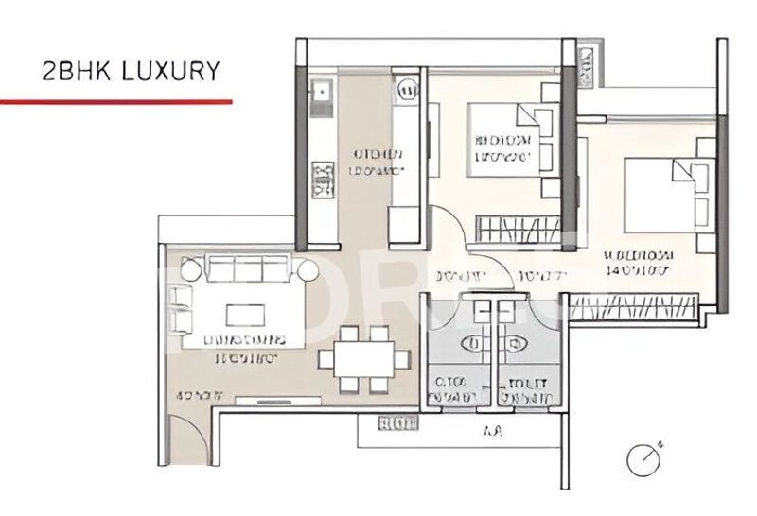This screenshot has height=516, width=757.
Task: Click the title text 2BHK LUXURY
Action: click(132, 71)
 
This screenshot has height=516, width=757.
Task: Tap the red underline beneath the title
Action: click(115, 99)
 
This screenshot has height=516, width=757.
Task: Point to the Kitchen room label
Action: click(378, 162)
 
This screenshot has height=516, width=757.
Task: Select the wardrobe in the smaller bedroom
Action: click(518, 227)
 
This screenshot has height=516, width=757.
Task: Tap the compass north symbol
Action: click(643, 459)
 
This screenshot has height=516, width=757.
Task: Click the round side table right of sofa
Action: click(308, 271)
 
